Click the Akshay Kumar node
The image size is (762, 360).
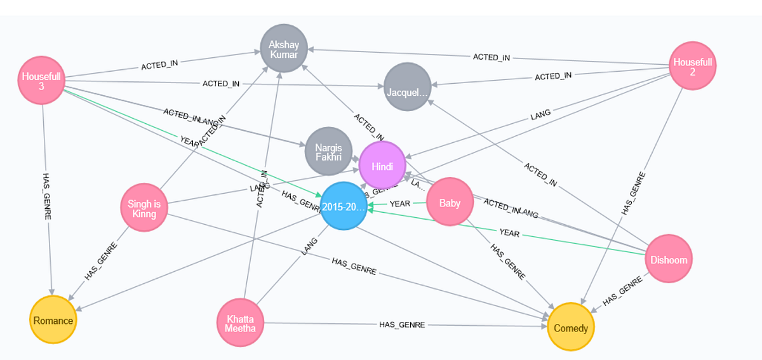pyautogui.click(x=284, y=47)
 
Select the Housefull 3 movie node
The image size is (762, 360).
pyautogui.click(x=41, y=81)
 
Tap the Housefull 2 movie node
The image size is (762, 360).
pyautogui.click(x=693, y=65)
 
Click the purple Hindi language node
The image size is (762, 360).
pyautogui.click(x=382, y=165)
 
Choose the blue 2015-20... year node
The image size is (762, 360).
pyautogui.click(x=344, y=206)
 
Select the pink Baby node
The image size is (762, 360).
pyautogui.click(x=450, y=203)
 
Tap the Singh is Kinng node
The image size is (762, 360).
pyautogui.click(x=144, y=208)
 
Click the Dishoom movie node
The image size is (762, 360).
pyautogui.click(x=669, y=259)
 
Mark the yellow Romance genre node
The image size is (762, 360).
pyautogui.click(x=53, y=320)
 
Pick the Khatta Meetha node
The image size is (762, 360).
pyautogui.click(x=239, y=323)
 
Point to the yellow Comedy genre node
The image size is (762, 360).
pyautogui.click(x=571, y=328)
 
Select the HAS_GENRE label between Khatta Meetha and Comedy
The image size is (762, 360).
pyautogui.click(x=402, y=324)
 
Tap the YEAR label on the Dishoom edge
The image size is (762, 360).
pyautogui.click(x=509, y=234)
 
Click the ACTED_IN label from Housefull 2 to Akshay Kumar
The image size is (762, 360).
pyautogui.click(x=491, y=57)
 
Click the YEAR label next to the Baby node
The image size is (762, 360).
pyautogui.click(x=400, y=204)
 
